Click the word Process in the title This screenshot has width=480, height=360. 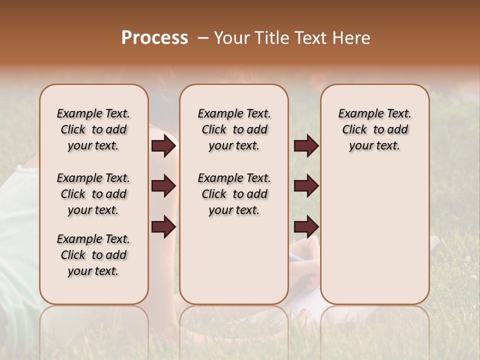pyautogui.click(x=154, y=38)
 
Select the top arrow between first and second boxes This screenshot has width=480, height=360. pyautogui.click(x=163, y=146)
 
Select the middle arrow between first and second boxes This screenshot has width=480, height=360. pyautogui.click(x=163, y=186)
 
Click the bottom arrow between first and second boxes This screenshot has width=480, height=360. pyautogui.click(x=163, y=226)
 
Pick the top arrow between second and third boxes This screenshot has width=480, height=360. pyautogui.click(x=306, y=146)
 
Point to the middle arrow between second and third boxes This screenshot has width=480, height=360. pyautogui.click(x=306, y=186)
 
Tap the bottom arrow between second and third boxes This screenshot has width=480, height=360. pyautogui.click(x=306, y=226)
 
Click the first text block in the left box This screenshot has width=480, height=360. pyautogui.click(x=93, y=129)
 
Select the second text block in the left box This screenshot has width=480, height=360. pyautogui.click(x=93, y=194)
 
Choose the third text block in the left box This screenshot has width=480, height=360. pyautogui.click(x=93, y=255)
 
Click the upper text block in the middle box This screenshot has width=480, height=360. pyautogui.click(x=234, y=129)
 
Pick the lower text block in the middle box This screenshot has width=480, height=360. pyautogui.click(x=234, y=194)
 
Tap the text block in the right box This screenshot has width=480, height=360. pyautogui.click(x=374, y=129)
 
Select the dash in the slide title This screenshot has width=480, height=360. pyautogui.click(x=202, y=38)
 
